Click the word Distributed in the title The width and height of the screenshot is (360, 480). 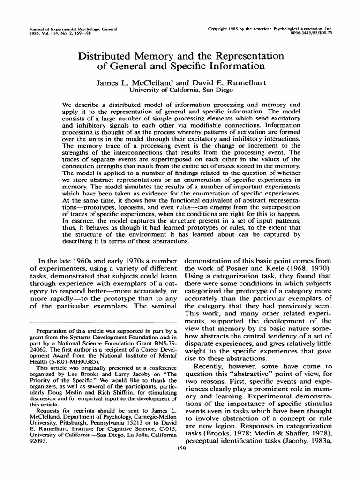point(104,56)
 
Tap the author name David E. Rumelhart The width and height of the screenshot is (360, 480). point(226,82)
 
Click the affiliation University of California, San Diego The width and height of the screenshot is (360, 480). point(180,90)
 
